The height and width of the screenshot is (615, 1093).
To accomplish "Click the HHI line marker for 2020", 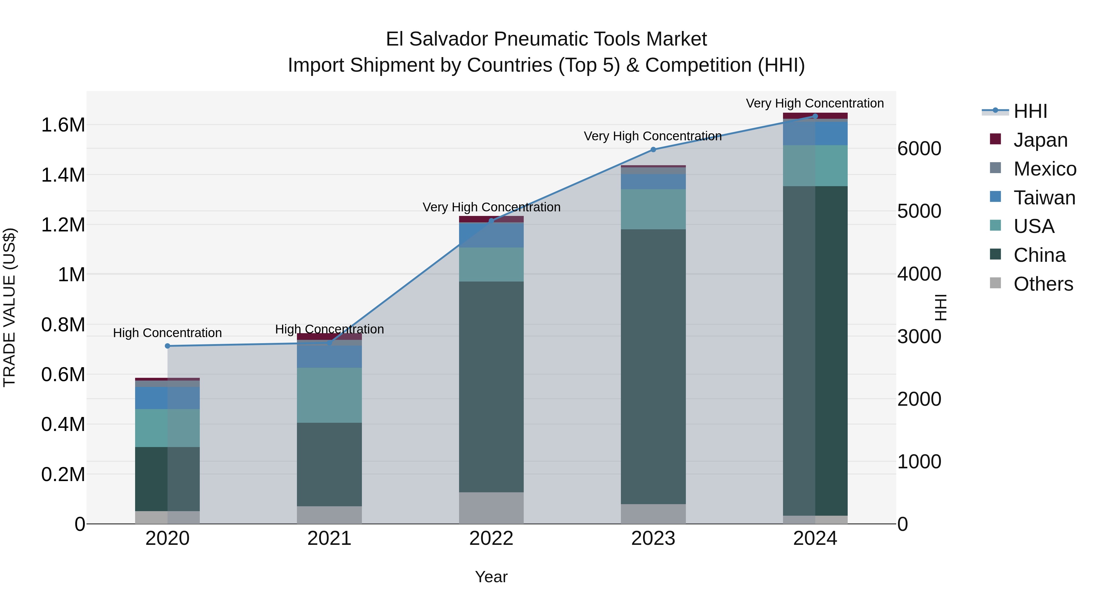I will coord(167,346).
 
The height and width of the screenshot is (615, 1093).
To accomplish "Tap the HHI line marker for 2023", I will coord(653,149).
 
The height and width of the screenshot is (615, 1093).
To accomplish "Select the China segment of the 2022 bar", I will coord(491,386).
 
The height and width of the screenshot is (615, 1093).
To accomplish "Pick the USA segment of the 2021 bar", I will coord(329,395).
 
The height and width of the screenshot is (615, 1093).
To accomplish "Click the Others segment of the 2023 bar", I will coord(653,514).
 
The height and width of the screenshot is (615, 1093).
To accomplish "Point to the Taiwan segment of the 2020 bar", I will coord(167,398).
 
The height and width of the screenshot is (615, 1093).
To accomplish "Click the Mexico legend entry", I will coord(1045,169).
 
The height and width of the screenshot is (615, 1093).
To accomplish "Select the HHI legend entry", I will coord(1030,111).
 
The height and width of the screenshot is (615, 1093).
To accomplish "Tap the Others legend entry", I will coord(1043,284).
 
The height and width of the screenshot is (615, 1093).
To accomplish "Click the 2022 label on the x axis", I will coord(491,538).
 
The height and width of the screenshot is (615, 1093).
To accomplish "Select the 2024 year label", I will coord(815,538).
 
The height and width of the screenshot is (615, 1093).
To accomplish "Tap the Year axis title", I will coord(491,577).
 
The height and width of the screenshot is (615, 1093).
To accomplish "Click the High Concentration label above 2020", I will coord(167,333).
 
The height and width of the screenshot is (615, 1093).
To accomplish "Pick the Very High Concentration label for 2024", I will coord(815,103).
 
